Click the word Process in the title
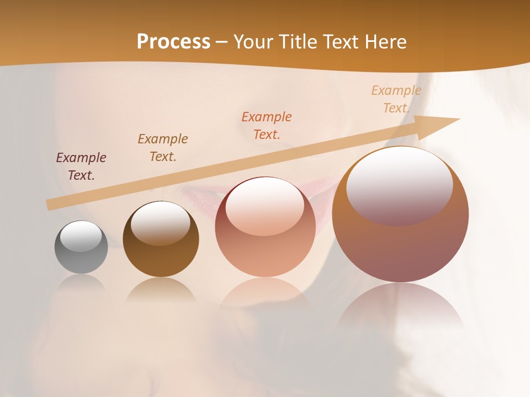(x=173, y=42)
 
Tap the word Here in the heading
(x=384, y=42)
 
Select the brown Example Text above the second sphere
(x=163, y=148)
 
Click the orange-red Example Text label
(x=267, y=126)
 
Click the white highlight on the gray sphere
(x=81, y=237)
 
